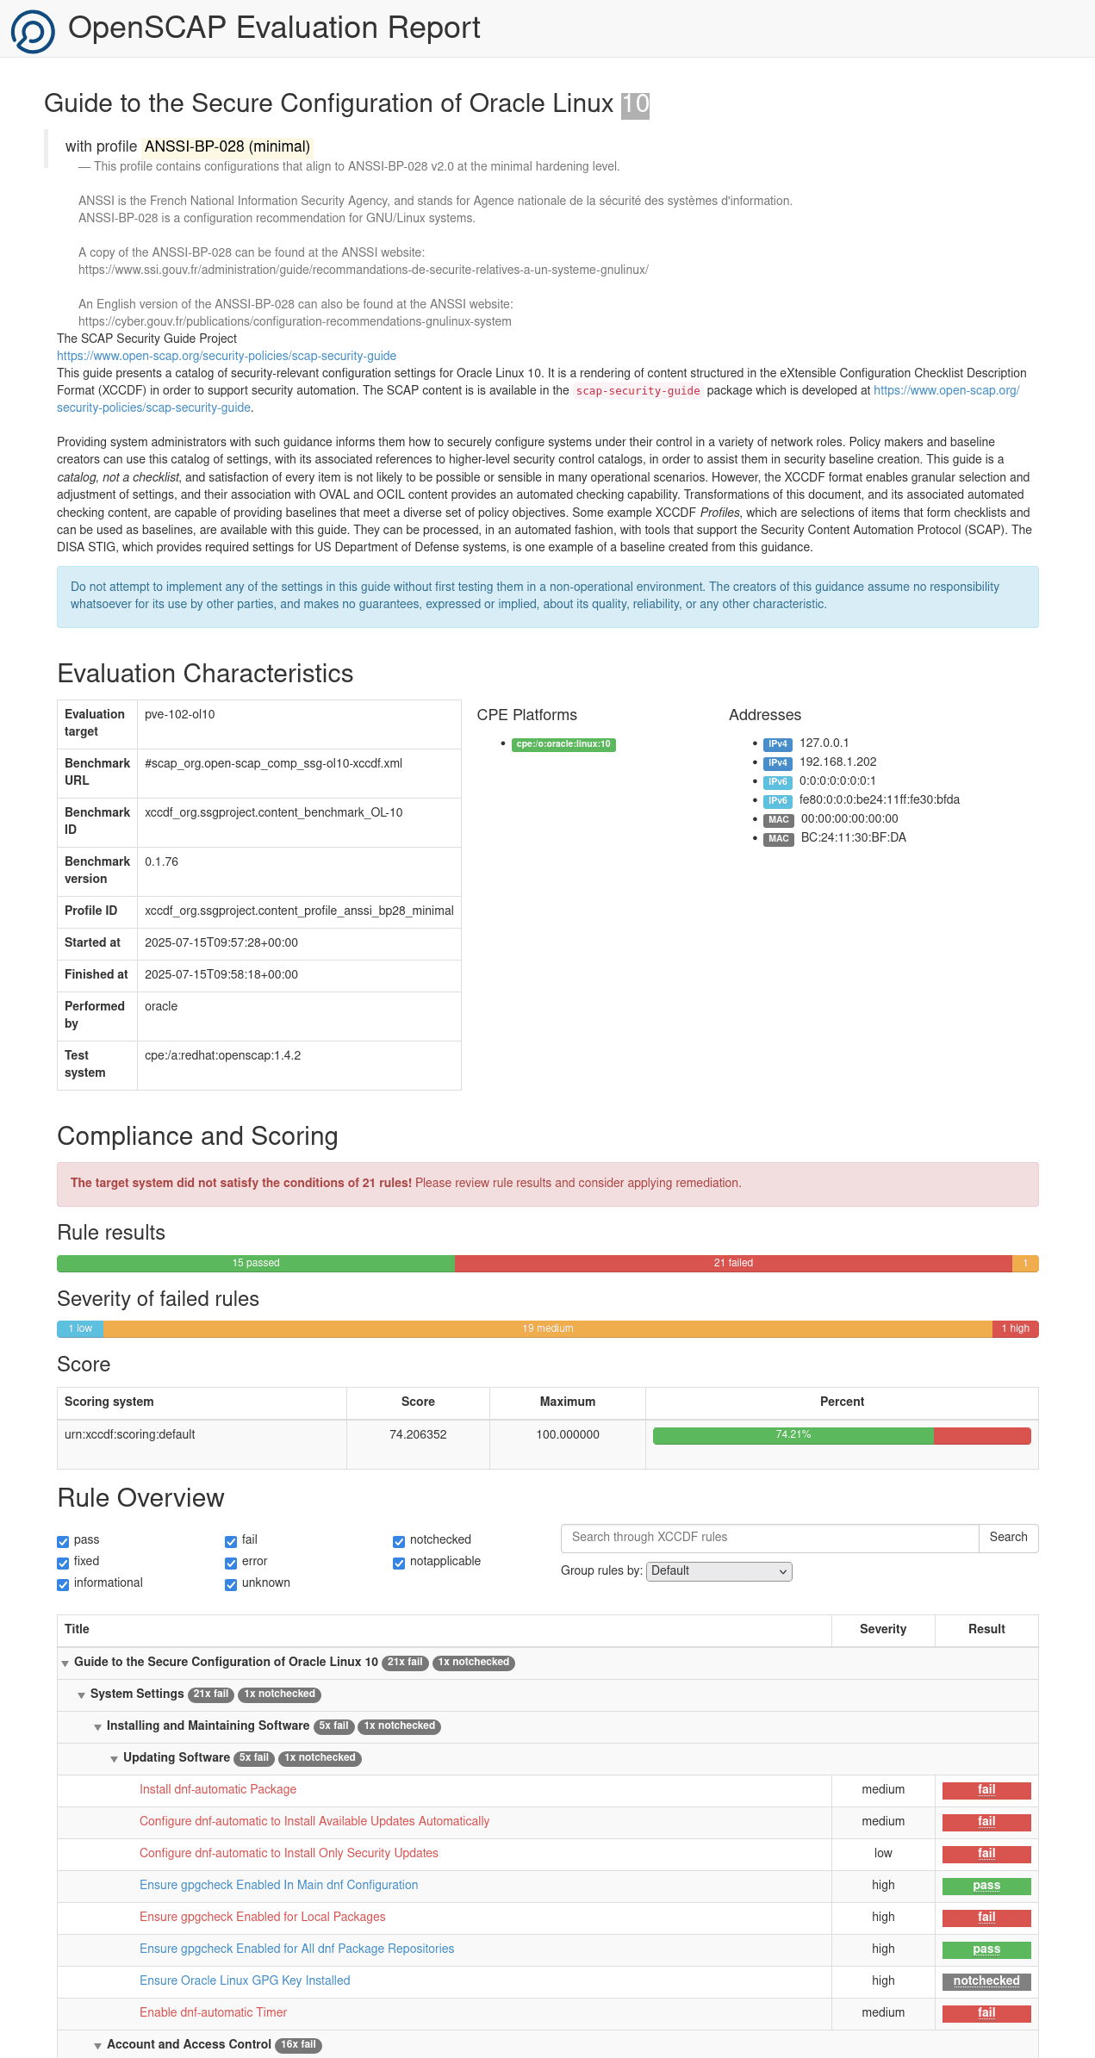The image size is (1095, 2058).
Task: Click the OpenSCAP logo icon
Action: coord(33,32)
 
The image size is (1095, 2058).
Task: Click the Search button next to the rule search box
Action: coord(1008,1537)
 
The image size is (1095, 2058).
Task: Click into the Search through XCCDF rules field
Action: coord(769,1537)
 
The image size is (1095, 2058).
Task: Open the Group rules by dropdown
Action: coord(719,1570)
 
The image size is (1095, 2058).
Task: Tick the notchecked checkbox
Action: coord(399,1541)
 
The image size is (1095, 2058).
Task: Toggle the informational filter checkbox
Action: coord(63,1584)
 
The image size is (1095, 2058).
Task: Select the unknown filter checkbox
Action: coord(231,1584)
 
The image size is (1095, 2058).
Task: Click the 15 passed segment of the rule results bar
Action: coord(256,1263)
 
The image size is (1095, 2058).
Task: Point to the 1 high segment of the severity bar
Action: coord(1015,1328)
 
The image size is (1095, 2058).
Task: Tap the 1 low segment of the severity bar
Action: coord(80,1328)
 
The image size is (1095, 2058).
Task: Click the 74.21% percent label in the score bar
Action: coord(793,1434)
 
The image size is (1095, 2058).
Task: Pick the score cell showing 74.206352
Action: coord(418,1434)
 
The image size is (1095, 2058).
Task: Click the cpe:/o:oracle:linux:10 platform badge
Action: coord(563,744)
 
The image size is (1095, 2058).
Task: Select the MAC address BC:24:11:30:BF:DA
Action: coord(853,837)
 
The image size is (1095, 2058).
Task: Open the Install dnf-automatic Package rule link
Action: coord(218,1789)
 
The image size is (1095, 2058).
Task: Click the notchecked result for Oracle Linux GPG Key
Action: coord(986,1980)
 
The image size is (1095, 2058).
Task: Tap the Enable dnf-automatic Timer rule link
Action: coord(213,2012)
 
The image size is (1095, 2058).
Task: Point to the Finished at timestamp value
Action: coord(221,974)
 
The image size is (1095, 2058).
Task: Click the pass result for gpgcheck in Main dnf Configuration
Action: coord(986,1885)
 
